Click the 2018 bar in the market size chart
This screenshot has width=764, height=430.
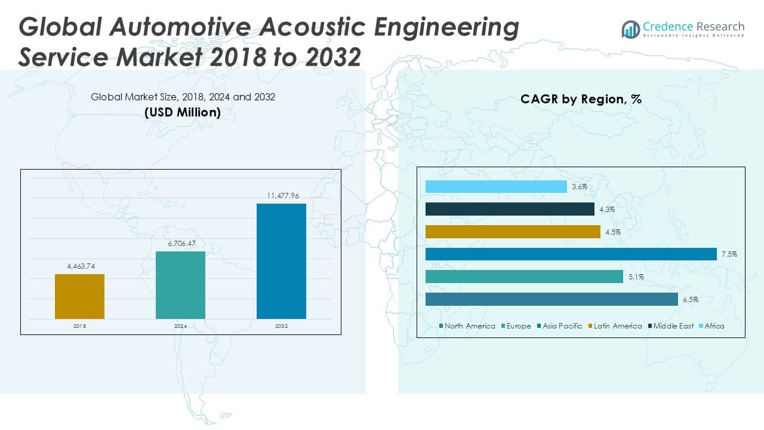click(x=79, y=296)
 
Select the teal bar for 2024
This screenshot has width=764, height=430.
click(x=180, y=285)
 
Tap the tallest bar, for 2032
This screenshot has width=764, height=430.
click(x=281, y=261)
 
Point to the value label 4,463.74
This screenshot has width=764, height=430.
click(x=79, y=266)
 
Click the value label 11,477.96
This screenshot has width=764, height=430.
click(x=281, y=195)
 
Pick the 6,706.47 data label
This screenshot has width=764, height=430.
click(x=180, y=244)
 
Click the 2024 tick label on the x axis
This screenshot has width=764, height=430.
click(x=180, y=327)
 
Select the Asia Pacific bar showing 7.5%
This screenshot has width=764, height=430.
click(x=571, y=254)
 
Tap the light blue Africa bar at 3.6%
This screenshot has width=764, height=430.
click(x=496, y=187)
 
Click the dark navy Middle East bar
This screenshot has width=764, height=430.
click(x=510, y=209)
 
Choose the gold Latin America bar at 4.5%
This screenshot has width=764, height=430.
click(x=513, y=232)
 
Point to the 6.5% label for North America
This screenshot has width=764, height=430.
click(x=691, y=300)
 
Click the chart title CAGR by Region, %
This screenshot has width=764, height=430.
click(x=581, y=99)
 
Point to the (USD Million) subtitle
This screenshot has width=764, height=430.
click(x=183, y=112)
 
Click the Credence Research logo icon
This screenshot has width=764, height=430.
click(x=630, y=29)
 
